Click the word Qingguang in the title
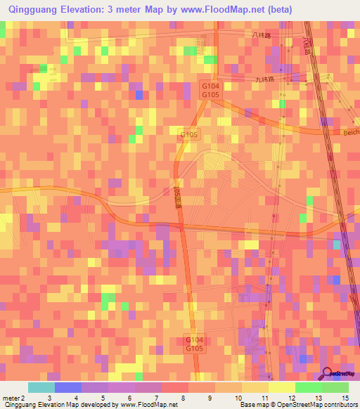35,9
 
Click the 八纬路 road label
261,34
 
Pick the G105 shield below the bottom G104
194,348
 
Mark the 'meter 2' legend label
13,398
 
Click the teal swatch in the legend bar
41,387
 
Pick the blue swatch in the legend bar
68,387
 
